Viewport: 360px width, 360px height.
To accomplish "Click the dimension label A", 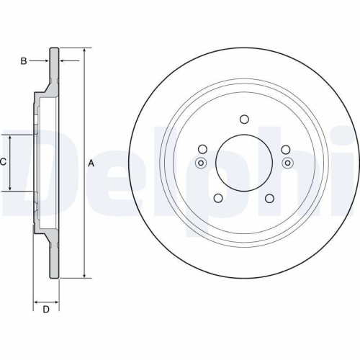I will (x=91, y=163).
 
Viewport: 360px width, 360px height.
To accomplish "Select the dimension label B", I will (x=23, y=61).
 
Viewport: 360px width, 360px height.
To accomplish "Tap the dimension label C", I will (x=3, y=163).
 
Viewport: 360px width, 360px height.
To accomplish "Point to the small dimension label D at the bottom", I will (x=45, y=310).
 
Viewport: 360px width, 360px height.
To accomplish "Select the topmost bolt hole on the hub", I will (x=243, y=120).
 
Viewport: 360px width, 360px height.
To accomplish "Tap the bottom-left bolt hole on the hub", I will (x=217, y=198).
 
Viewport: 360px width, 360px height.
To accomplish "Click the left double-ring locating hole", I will (x=201, y=163).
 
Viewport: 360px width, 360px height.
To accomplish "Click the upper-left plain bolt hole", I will (x=202, y=150).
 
